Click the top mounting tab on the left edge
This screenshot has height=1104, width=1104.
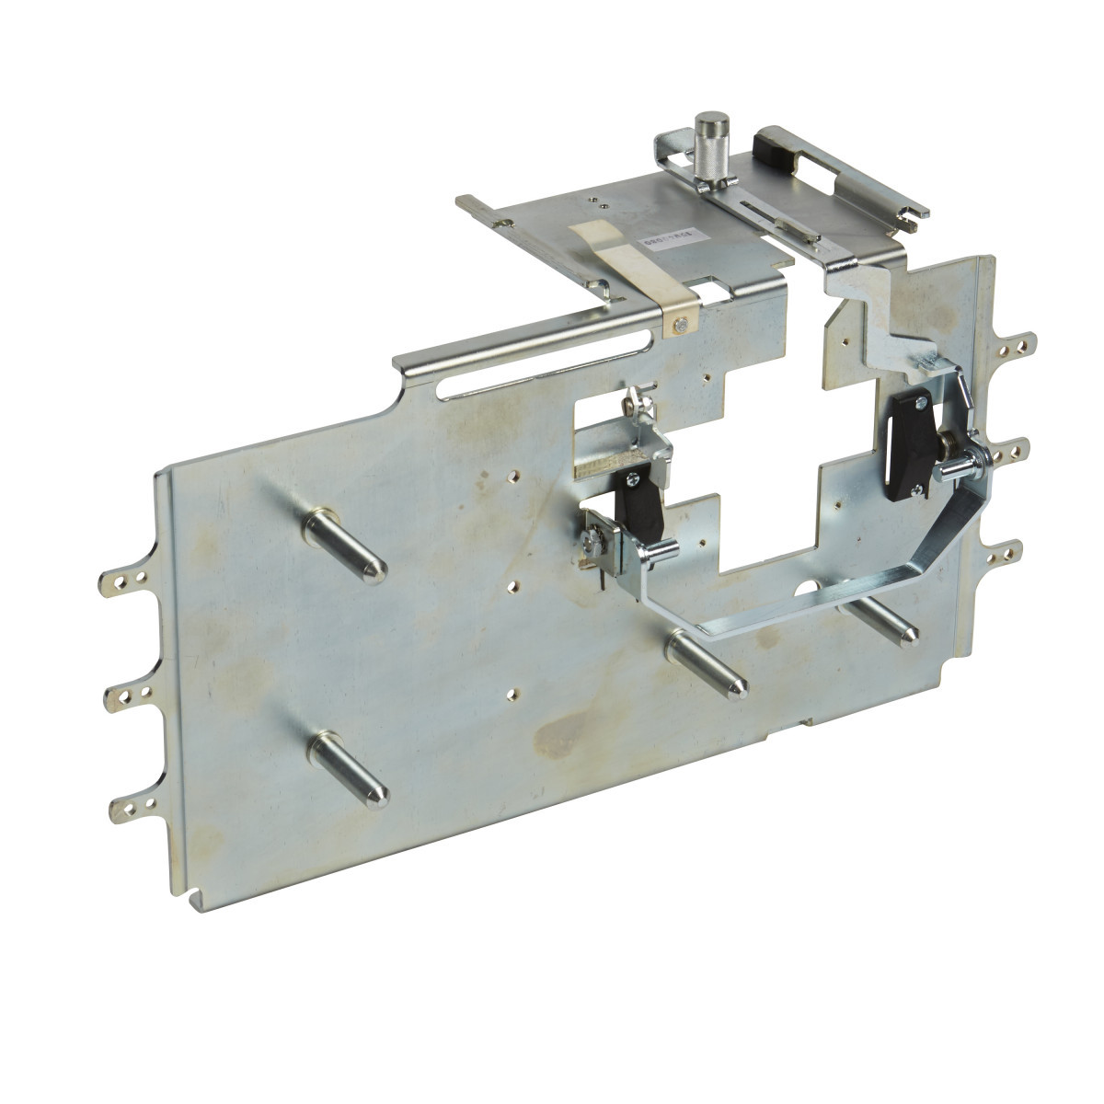[x=124, y=581]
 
